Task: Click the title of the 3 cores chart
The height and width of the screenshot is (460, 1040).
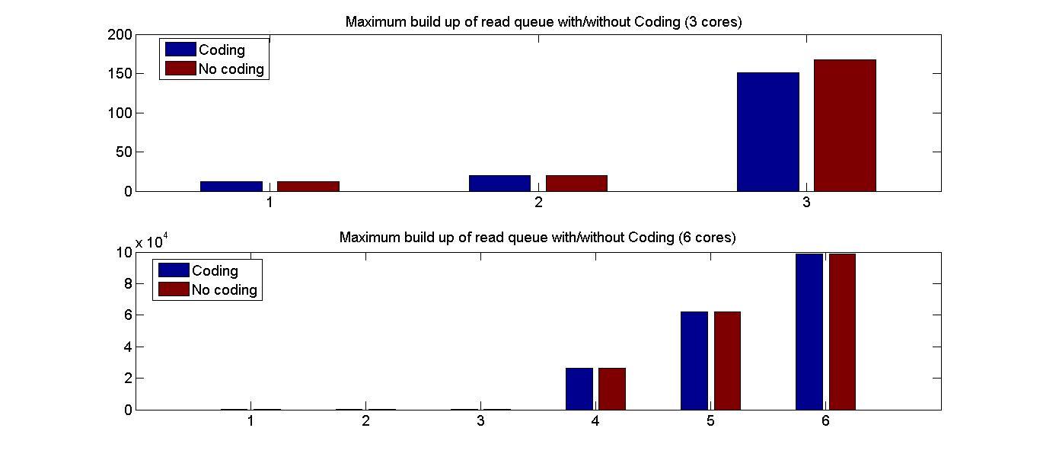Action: coord(543,22)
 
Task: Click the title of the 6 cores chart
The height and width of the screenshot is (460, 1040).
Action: coord(537,238)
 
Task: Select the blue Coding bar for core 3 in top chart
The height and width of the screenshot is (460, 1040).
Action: coord(767,132)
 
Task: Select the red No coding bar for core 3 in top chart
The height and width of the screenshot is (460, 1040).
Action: coord(844,126)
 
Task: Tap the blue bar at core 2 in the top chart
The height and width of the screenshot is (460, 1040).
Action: coord(499,183)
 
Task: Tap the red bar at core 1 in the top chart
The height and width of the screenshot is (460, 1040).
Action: coord(308,186)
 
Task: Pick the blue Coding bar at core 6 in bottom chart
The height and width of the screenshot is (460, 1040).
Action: coord(809,331)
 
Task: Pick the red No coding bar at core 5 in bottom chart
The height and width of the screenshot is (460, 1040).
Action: coord(726,360)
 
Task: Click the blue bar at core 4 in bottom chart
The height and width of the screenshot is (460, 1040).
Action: coord(579,388)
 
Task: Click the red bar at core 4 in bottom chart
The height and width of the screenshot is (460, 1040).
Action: coord(611,388)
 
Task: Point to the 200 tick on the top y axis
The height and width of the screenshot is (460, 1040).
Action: coord(120,35)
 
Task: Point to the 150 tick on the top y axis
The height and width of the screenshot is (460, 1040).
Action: coord(120,74)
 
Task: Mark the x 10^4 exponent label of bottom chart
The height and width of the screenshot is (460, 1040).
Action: coord(152,242)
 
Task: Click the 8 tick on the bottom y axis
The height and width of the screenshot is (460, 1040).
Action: coord(128,284)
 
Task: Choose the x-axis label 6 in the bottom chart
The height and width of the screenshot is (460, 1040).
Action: coord(825,421)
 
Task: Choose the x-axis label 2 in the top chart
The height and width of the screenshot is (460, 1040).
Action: coord(538,203)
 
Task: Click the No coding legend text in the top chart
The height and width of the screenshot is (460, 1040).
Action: coord(231,69)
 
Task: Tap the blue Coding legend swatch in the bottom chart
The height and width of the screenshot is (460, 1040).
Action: coord(173,270)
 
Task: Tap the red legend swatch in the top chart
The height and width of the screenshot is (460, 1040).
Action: coord(180,69)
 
